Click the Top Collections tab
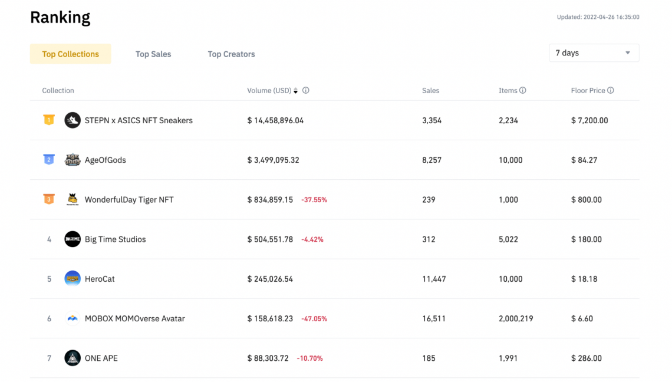pyautogui.click(x=70, y=54)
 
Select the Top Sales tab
pyautogui.click(x=153, y=54)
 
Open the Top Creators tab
pyautogui.click(x=231, y=54)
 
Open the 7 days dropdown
pyautogui.click(x=594, y=53)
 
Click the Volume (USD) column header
pyautogui.click(x=269, y=91)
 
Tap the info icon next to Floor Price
pyautogui.click(x=611, y=91)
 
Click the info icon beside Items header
pyautogui.click(x=523, y=91)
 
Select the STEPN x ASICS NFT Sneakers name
pyautogui.click(x=139, y=120)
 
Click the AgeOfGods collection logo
pyautogui.click(x=73, y=160)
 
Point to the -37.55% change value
pyautogui.click(x=314, y=200)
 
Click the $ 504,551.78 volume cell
pyautogui.click(x=270, y=239)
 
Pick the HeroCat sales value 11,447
pyautogui.click(x=434, y=279)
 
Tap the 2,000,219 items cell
pyautogui.click(x=516, y=318)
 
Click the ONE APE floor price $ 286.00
pyautogui.click(x=587, y=358)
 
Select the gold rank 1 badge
pyautogui.click(x=49, y=120)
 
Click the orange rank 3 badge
pyautogui.click(x=49, y=199)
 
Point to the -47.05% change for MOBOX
pyautogui.click(x=314, y=319)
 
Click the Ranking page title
pyautogui.click(x=60, y=18)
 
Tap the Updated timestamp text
pyautogui.click(x=598, y=17)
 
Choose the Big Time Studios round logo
pyautogui.click(x=73, y=239)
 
